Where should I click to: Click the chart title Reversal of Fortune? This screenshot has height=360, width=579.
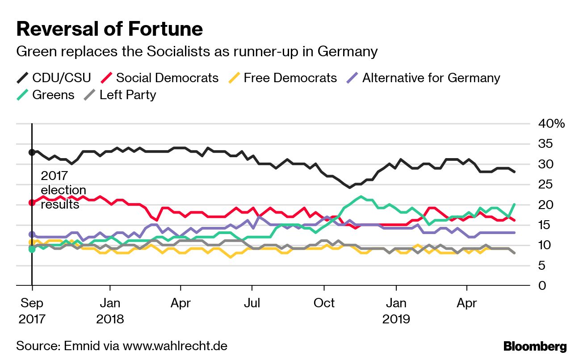pos(109,29)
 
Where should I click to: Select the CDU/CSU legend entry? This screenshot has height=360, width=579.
pos(54,78)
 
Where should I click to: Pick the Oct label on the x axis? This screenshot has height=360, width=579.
pos(324,303)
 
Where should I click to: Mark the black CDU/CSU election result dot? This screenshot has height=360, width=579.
pos(32,152)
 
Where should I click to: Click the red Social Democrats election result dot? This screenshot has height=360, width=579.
pos(32,202)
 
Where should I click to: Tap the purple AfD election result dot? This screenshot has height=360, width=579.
pos(32,234)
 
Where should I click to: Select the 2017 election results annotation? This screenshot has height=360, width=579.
pos(63,190)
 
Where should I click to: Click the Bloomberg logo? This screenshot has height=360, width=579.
pos(535,346)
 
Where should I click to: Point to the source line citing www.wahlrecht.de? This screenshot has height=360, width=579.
pos(122,346)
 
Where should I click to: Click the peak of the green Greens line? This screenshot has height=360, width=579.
pos(361,197)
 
